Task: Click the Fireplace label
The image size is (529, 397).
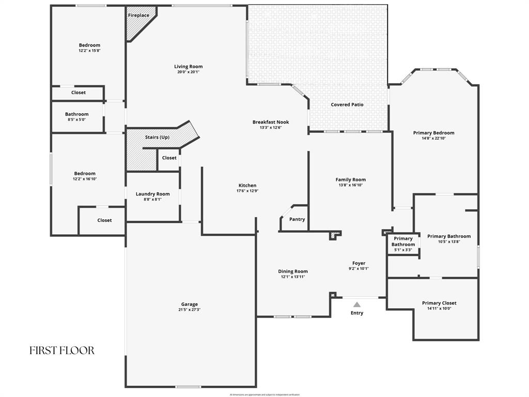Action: point(138,16)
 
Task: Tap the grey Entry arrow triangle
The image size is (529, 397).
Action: point(357,304)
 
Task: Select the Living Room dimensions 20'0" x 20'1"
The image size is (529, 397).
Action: point(188,72)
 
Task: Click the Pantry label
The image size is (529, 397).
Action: point(297,219)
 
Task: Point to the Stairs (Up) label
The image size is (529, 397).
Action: point(157,137)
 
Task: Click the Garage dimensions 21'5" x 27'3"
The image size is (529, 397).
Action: point(189,310)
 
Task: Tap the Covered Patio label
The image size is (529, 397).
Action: point(347,104)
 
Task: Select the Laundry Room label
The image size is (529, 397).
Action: point(152,194)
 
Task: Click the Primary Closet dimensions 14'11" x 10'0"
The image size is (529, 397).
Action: point(439,308)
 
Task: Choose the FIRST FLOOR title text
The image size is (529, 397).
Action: point(62,350)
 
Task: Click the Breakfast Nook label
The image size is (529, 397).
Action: point(271,122)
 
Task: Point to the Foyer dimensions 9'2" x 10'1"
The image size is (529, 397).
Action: point(359,268)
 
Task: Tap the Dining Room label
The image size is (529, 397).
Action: point(293,271)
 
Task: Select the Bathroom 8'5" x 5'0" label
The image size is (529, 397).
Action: point(76,114)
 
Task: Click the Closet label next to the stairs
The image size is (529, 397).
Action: point(169,158)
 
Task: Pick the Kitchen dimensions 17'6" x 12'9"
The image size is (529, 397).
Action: point(247,191)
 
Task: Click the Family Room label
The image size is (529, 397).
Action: point(351,179)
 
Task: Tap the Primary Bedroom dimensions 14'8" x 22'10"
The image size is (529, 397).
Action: point(433,138)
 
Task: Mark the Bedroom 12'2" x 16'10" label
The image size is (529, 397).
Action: point(85,174)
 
